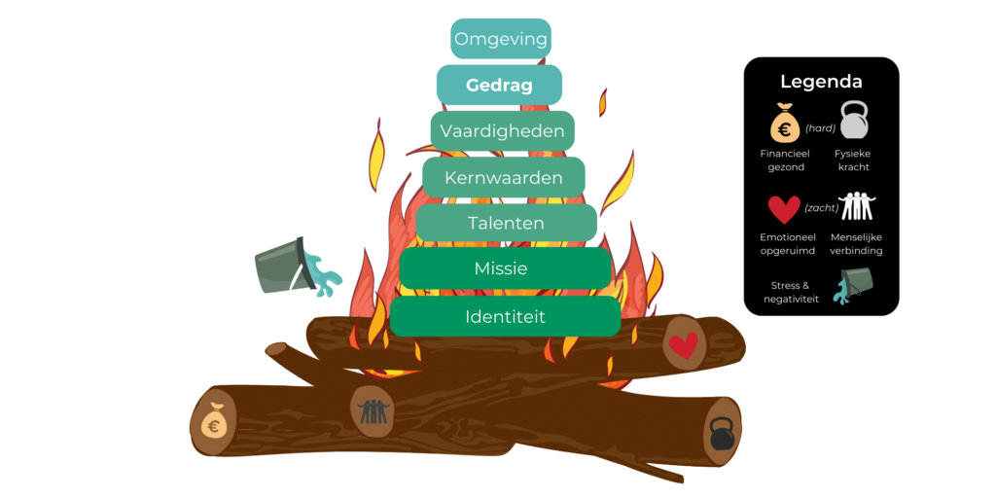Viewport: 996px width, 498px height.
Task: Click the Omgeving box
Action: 501,40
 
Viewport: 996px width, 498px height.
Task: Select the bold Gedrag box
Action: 499,86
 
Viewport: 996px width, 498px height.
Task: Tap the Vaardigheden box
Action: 503,131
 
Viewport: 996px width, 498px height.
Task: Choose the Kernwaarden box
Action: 504,178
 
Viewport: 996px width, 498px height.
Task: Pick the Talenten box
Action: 506,223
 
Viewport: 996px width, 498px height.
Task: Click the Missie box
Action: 505,268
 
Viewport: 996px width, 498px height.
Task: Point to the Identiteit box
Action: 505,317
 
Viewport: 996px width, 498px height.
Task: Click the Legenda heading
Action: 821,82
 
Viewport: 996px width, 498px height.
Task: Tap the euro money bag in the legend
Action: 784,124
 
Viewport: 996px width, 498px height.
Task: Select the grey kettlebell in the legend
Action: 853,122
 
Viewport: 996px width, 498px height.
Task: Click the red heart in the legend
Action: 784,209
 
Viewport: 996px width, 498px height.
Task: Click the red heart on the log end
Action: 685,344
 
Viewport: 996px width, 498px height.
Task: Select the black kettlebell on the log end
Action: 722,432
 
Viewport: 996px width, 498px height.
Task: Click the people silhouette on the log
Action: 373,409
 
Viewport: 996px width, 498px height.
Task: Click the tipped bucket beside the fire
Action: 289,266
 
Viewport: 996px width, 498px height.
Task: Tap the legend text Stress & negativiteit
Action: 791,292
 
